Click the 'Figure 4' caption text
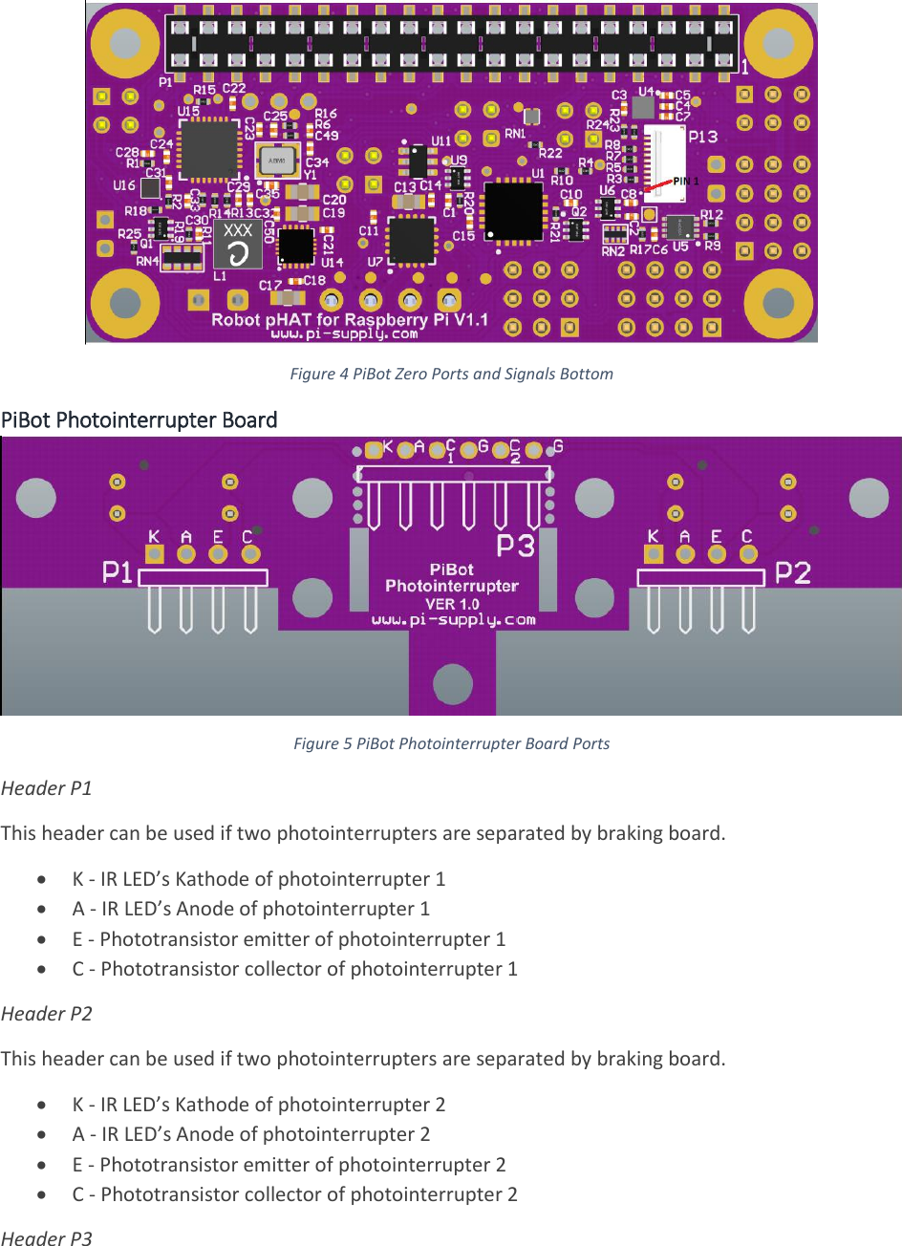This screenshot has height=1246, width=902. (451, 374)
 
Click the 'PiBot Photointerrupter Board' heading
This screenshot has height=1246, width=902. (140, 420)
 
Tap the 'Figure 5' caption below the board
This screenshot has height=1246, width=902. (451, 743)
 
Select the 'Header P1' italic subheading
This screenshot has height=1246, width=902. (47, 788)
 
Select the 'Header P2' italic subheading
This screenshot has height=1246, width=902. (47, 1014)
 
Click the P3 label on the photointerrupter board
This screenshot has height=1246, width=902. (515, 547)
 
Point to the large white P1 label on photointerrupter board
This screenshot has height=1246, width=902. (118, 572)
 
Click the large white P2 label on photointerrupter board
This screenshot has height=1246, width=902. (793, 572)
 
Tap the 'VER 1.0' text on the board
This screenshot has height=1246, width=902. (452, 604)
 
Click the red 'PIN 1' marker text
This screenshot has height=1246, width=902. (686, 182)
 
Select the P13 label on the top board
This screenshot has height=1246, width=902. (702, 137)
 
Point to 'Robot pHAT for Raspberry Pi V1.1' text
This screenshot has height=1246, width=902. (350, 319)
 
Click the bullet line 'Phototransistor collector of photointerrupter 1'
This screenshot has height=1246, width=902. (294, 969)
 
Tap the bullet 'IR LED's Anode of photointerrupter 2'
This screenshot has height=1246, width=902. (251, 1134)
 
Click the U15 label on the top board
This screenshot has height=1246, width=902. (188, 112)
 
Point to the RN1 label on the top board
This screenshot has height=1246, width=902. (515, 134)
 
